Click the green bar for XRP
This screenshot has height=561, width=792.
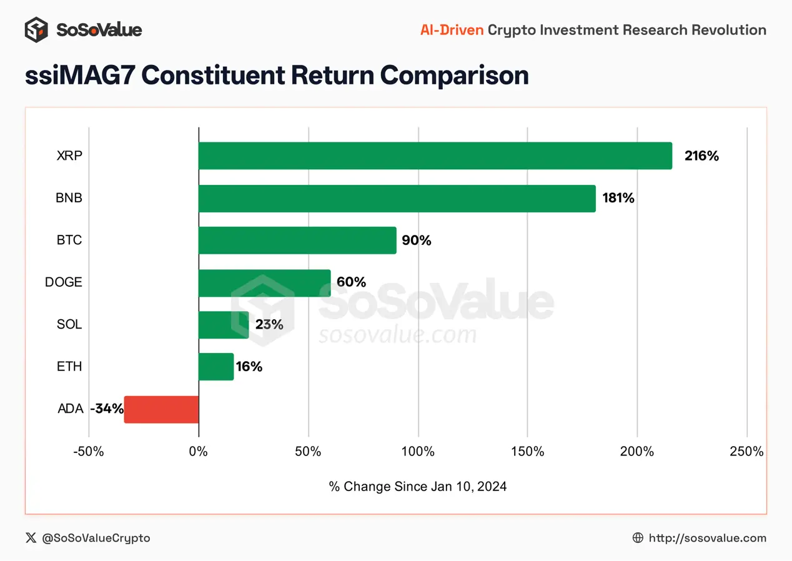[x=435, y=156]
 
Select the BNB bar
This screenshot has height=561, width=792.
[x=397, y=198]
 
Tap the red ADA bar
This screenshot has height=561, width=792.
[x=161, y=409]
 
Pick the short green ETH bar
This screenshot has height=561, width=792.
[x=216, y=367]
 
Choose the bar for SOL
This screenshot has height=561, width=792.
[x=224, y=325]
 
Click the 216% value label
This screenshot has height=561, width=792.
[x=701, y=156]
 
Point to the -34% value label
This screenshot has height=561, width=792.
[x=106, y=409]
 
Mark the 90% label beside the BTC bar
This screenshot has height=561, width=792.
[x=417, y=241]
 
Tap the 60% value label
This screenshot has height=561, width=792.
[x=351, y=282]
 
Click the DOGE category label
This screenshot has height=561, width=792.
[x=63, y=282]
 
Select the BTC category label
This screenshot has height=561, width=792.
[x=69, y=241]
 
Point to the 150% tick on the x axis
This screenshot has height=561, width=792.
[x=527, y=452]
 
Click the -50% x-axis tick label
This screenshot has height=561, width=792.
[x=88, y=452]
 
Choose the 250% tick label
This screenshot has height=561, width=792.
[x=746, y=452]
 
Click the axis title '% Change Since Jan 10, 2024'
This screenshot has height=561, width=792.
[x=417, y=487]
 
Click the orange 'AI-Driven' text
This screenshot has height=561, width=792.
[x=452, y=29]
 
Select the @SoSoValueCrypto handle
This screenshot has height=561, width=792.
[x=96, y=538]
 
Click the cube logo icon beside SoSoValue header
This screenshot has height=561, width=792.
[x=36, y=29]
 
